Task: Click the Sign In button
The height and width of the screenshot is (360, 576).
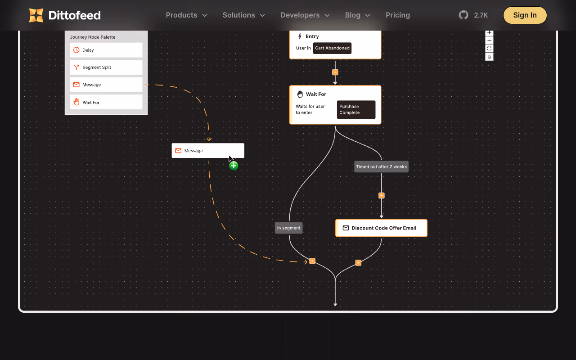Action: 525,15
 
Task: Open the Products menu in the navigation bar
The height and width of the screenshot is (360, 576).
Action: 186,15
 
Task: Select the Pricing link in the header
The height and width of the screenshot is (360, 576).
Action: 397,15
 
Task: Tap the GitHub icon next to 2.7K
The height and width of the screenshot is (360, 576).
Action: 463,15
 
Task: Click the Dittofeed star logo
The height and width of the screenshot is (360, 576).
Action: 36,15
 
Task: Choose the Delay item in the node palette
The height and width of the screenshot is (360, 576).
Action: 106,50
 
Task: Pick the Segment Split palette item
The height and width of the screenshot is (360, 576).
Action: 106,67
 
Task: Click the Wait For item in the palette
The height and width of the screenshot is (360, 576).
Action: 106,102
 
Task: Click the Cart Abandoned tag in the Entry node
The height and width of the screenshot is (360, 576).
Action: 332,48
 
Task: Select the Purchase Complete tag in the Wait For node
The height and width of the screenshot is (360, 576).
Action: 356,109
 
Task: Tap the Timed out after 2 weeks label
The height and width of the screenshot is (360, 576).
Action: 381,166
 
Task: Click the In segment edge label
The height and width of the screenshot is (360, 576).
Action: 288,228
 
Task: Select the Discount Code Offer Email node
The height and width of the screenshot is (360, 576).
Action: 381,228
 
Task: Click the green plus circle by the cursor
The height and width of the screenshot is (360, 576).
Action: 234,166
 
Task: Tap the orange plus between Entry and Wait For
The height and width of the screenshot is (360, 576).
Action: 335,72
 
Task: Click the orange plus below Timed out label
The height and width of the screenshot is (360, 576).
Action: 381,196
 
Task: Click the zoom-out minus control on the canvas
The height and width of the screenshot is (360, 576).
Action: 489,40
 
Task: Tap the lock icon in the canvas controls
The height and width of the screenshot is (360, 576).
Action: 489,57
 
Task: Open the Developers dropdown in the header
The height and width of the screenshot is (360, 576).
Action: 305,15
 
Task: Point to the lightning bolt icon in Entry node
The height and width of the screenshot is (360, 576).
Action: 300,36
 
